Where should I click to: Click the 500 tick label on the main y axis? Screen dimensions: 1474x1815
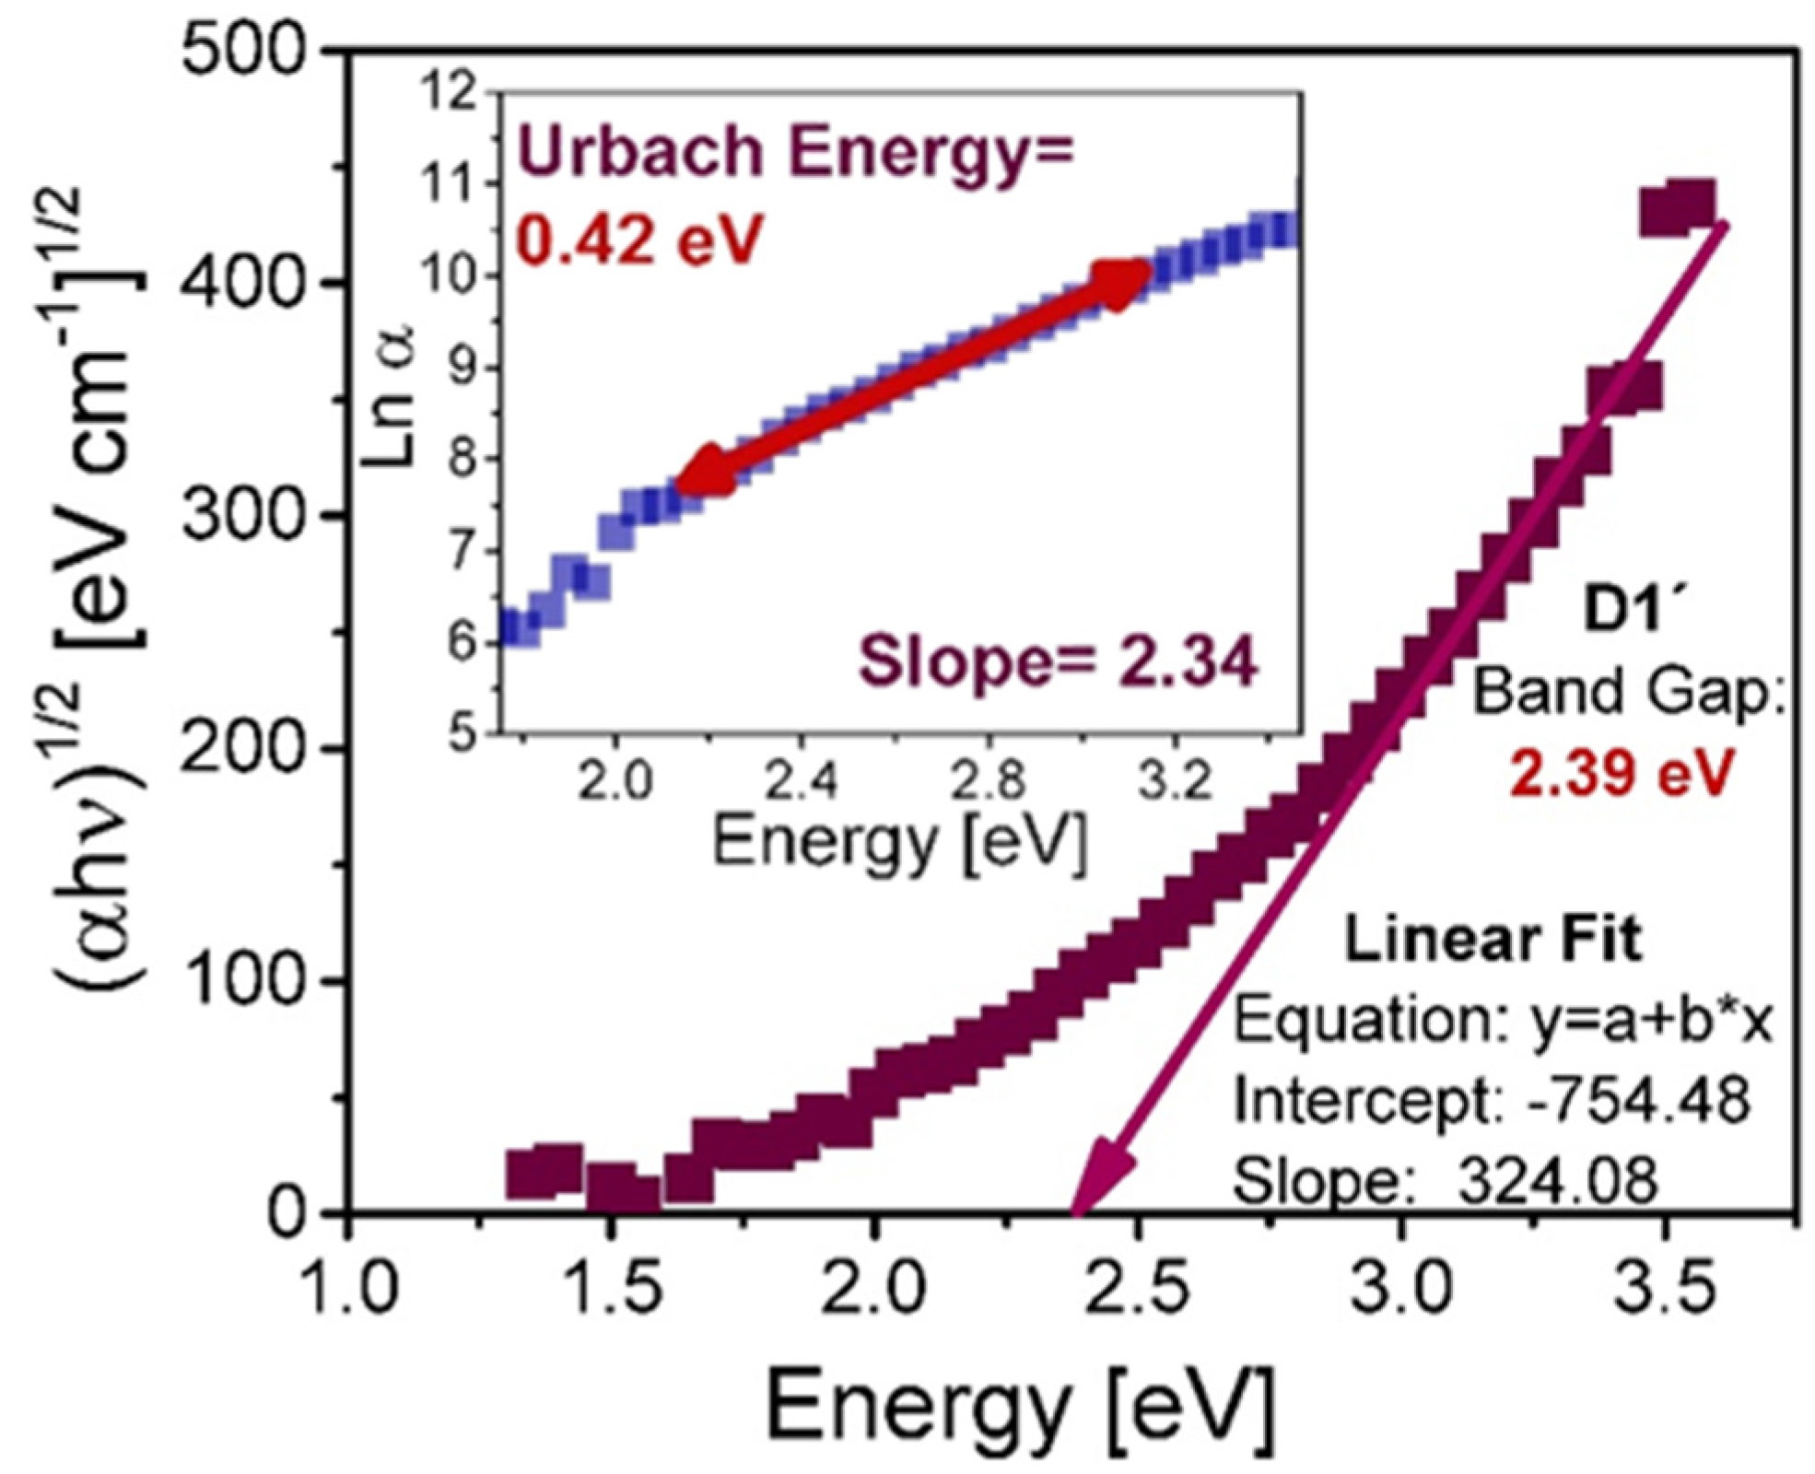click(241, 51)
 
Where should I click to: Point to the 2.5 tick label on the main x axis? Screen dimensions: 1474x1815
click(1137, 1288)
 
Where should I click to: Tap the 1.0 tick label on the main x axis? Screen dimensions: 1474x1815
click(349, 1288)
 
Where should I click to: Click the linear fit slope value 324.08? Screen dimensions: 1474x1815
click(1557, 1179)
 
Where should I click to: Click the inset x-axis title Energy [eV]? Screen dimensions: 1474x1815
click(899, 842)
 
